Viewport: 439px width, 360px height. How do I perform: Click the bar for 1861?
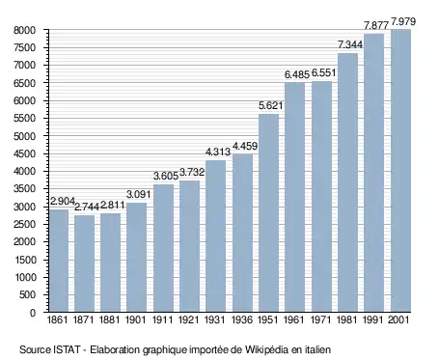point(59,261)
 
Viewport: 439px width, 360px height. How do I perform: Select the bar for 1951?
point(268,213)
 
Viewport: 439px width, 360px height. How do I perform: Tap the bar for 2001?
point(400,171)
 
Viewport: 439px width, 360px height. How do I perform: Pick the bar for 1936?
point(242,233)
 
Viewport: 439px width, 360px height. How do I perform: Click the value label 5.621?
point(271,105)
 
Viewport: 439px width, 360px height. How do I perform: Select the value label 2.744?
point(87,208)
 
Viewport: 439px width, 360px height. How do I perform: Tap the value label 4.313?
point(218,152)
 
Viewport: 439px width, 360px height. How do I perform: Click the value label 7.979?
point(403,22)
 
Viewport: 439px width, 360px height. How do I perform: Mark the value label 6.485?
point(297,74)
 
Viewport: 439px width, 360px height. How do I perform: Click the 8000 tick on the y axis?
point(24,30)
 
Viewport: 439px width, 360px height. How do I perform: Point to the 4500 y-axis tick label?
point(24,153)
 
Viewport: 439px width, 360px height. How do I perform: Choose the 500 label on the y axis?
point(27,295)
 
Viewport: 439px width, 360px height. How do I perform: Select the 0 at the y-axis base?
point(33,313)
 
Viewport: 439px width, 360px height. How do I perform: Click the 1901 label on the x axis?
point(135,320)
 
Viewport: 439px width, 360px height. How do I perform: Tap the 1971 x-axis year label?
point(321,320)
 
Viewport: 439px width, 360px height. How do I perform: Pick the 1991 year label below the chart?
point(373,320)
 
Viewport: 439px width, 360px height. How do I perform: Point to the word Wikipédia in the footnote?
point(266,349)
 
